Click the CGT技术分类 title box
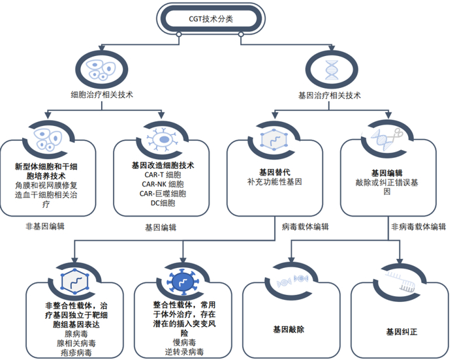click(210, 19)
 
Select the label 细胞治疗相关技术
click(102, 95)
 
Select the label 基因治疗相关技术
click(330, 95)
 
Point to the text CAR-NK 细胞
click(163, 185)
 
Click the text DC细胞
click(163, 203)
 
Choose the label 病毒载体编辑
click(306, 227)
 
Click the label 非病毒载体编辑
click(418, 227)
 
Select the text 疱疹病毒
click(73, 353)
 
